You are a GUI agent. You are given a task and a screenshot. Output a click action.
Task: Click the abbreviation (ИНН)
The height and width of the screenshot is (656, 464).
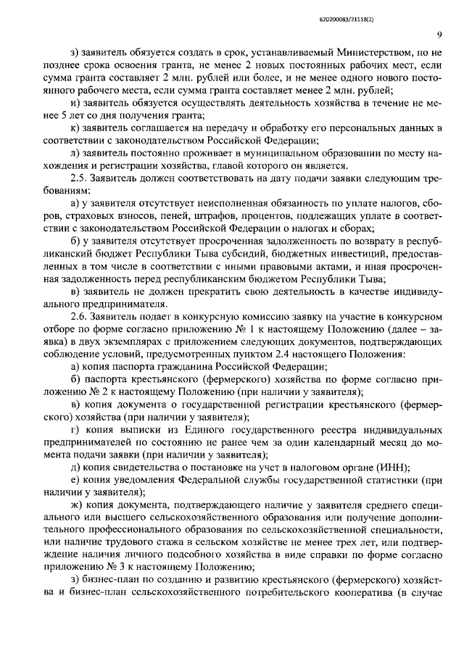click(393, 467)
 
